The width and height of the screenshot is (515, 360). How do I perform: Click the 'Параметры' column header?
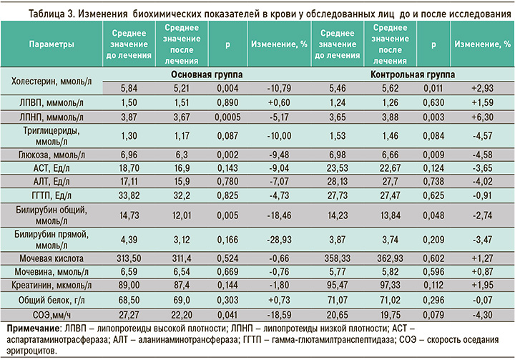(x=51, y=44)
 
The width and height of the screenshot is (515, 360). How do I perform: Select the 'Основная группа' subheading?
(x=207, y=74)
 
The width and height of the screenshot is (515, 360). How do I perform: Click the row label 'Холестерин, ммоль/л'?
(x=51, y=81)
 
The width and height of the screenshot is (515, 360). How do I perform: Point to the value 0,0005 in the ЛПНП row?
(x=227, y=116)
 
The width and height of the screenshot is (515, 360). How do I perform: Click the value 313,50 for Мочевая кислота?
(x=129, y=257)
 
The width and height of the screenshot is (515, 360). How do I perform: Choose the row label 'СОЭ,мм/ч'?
(x=51, y=314)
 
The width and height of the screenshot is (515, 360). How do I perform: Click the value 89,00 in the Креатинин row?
(x=129, y=286)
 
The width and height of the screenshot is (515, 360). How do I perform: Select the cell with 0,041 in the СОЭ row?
(x=227, y=314)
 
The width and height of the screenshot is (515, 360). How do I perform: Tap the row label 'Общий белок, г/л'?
(x=51, y=300)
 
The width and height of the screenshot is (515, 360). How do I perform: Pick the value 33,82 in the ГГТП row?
(x=129, y=195)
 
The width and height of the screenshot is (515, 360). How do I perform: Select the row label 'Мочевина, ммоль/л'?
(x=51, y=271)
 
